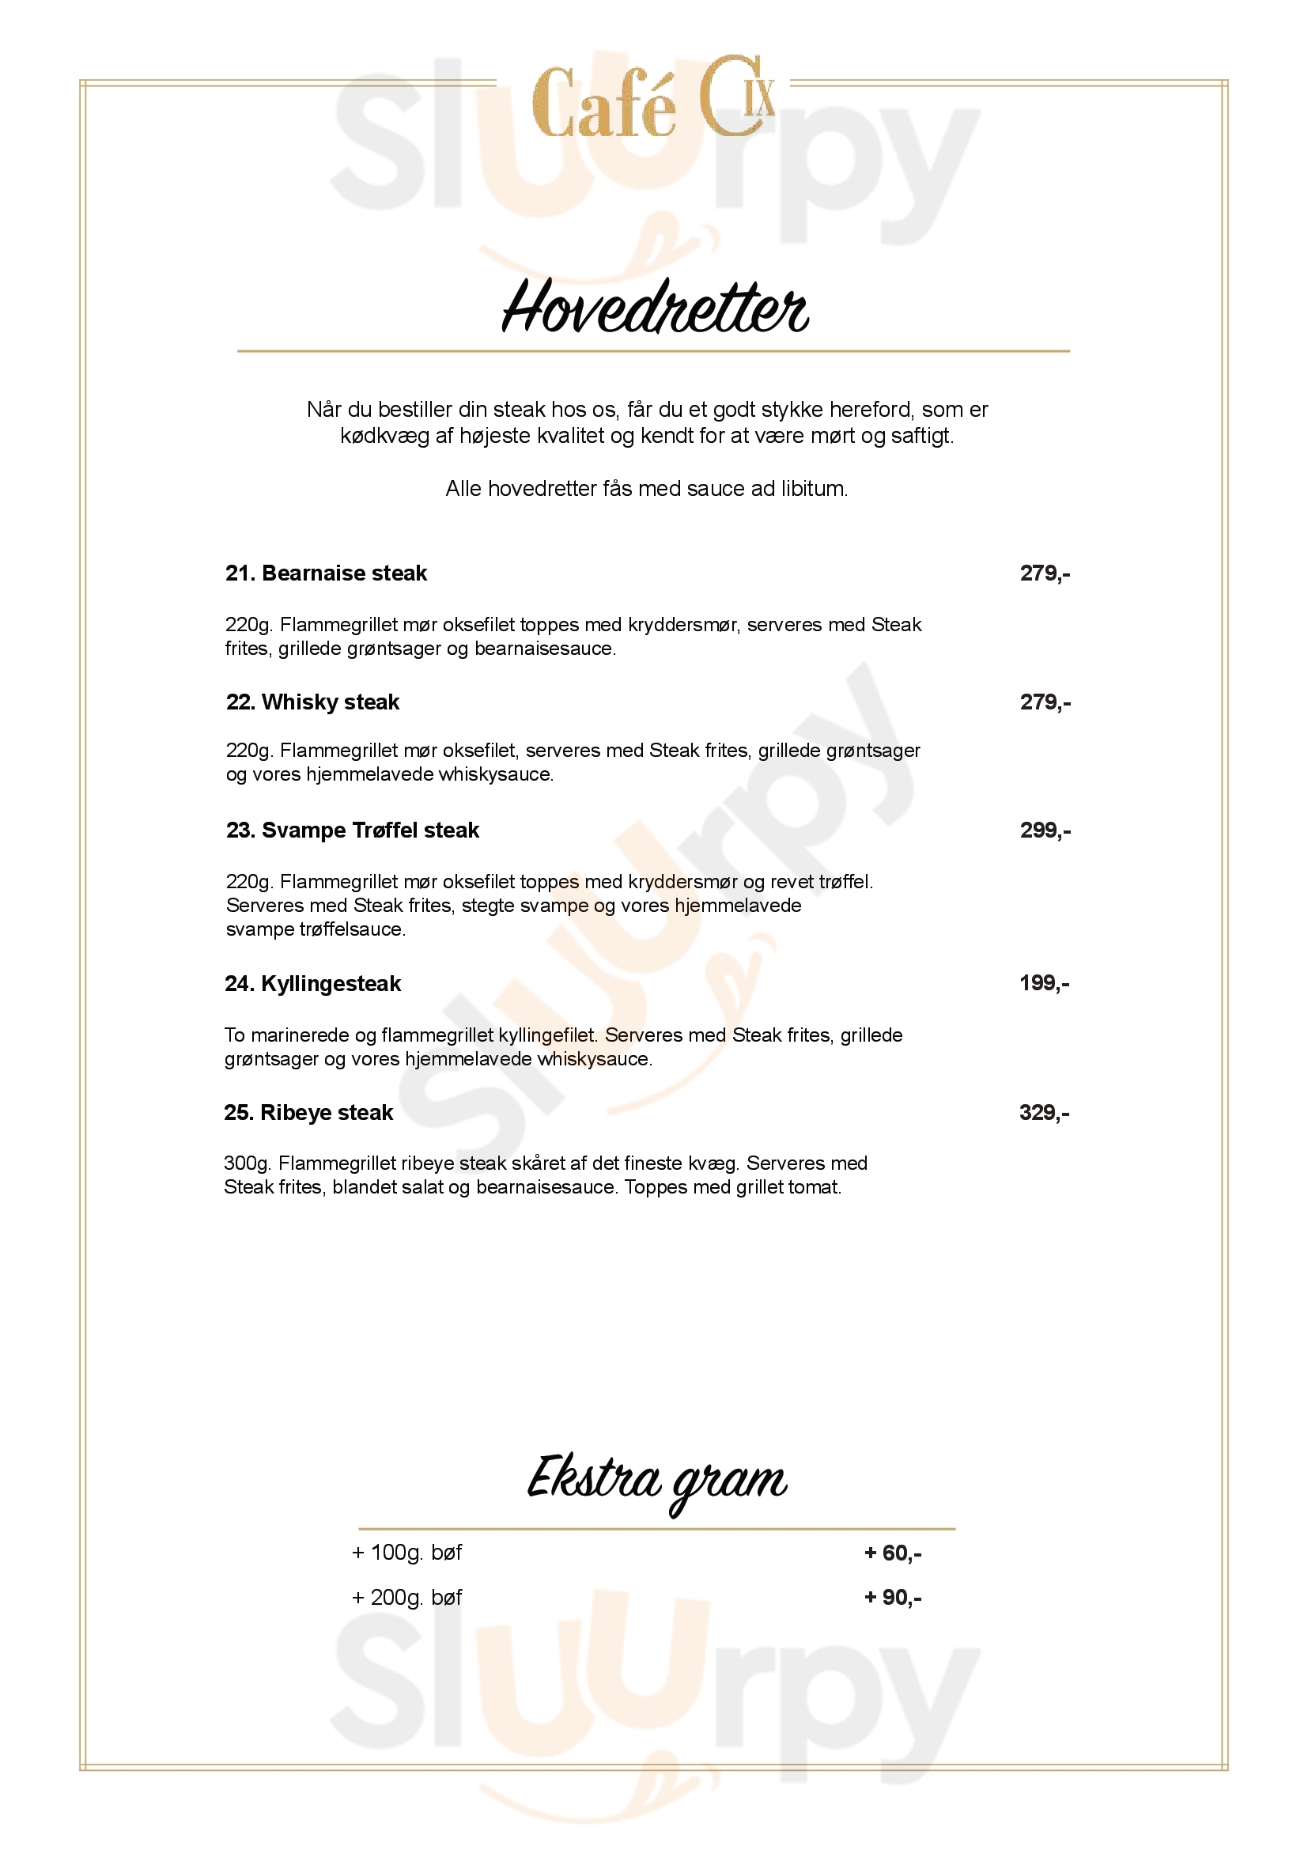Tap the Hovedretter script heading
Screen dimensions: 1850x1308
pyautogui.click(x=655, y=307)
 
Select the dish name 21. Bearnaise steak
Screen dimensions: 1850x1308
pyautogui.click(x=326, y=573)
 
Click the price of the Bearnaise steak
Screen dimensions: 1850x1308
pyautogui.click(x=1045, y=573)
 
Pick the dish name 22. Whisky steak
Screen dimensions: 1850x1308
pyautogui.click(x=312, y=702)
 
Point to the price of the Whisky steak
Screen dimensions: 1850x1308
pyautogui.click(x=1045, y=702)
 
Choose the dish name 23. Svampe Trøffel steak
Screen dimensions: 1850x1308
pyautogui.click(x=353, y=830)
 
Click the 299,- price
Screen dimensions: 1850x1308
pyautogui.click(x=1045, y=830)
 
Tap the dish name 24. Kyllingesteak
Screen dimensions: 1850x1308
pyautogui.click(x=312, y=983)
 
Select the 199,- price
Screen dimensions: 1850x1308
pyautogui.click(x=1044, y=982)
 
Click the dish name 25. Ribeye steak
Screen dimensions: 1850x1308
pyautogui.click(x=308, y=1112)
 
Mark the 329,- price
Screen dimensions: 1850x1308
pyautogui.click(x=1044, y=1112)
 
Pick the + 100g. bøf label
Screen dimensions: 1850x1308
pyautogui.click(x=406, y=1553)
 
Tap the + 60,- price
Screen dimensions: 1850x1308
pyautogui.click(x=892, y=1553)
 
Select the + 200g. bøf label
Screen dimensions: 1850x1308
pyautogui.click(x=406, y=1597)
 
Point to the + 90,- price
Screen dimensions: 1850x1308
pyautogui.click(x=892, y=1597)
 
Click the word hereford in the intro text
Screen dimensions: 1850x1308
pyautogui.click(x=871, y=410)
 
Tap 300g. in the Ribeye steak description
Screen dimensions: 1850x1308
pyautogui.click(x=248, y=1163)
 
